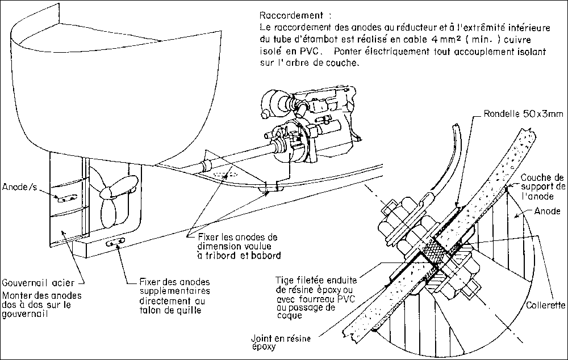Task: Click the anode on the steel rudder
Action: point(66,197)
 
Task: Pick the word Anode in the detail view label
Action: point(548,211)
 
